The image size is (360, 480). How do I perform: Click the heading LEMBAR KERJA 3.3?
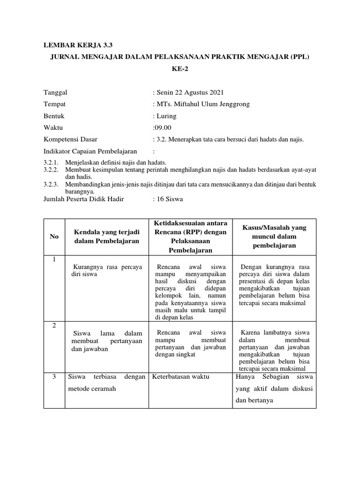pyautogui.click(x=78, y=45)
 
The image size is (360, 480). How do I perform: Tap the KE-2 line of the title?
pyautogui.click(x=180, y=69)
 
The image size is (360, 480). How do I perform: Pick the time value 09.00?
pyautogui.click(x=162, y=127)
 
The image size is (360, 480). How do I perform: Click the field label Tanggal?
pyautogui.click(x=59, y=92)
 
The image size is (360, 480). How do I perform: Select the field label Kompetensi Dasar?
pyautogui.click(x=70, y=139)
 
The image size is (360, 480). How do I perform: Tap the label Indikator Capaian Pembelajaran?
pyautogui.click(x=90, y=151)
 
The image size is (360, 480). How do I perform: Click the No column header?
pyautogui.click(x=54, y=237)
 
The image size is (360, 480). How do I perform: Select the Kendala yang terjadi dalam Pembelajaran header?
pyautogui.click(x=106, y=237)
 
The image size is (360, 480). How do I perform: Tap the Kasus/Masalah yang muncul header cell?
pyautogui.click(x=274, y=237)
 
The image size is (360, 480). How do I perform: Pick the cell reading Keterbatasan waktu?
pyautogui.click(x=180, y=376)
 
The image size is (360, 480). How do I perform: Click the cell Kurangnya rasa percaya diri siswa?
pyautogui.click(x=105, y=270)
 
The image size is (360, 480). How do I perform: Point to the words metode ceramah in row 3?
pyautogui.click(x=92, y=389)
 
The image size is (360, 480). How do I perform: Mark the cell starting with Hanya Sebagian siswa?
pyautogui.click(x=274, y=388)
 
